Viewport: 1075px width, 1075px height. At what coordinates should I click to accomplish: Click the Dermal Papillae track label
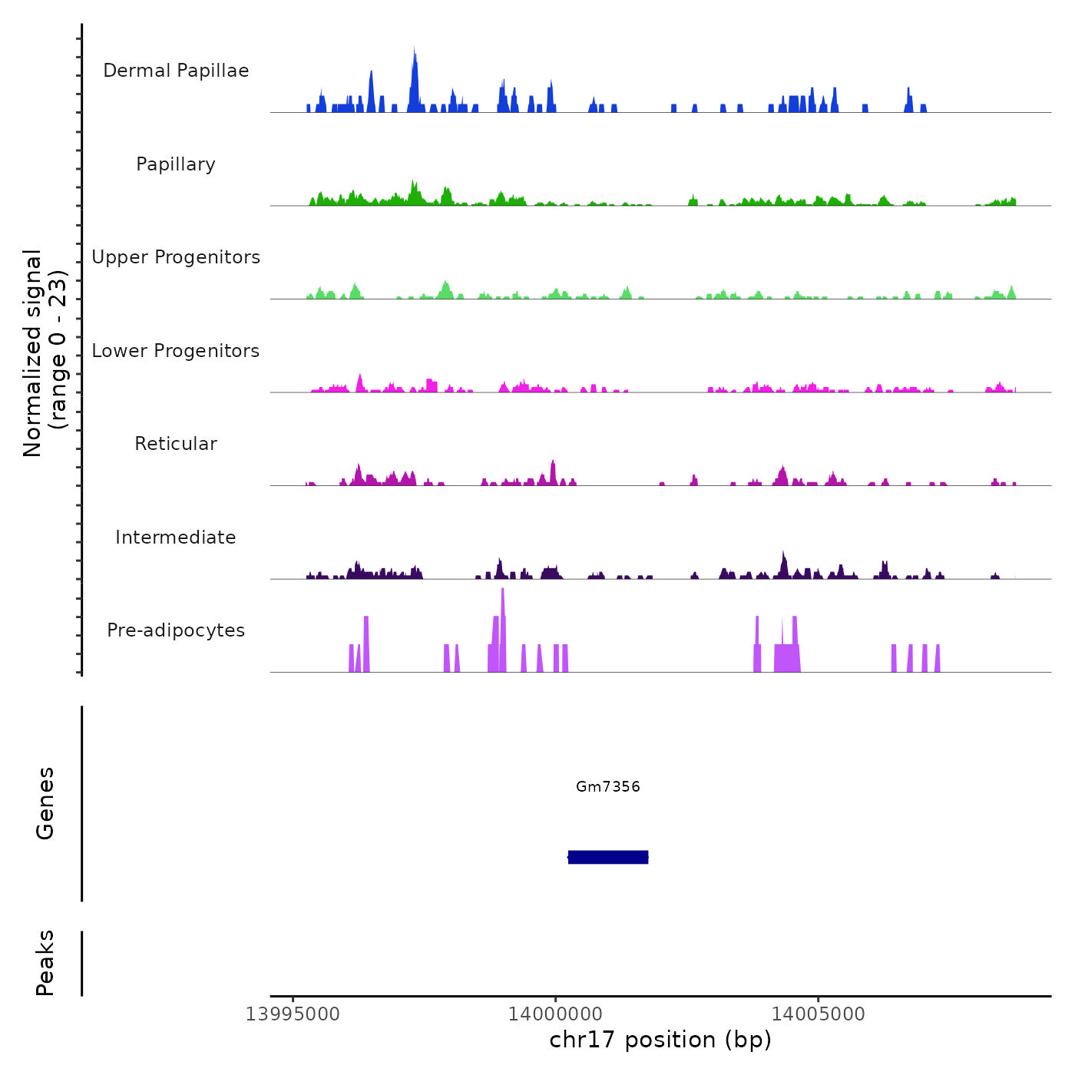[x=176, y=71]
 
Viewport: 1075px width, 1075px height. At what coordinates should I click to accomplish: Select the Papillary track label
[x=176, y=164]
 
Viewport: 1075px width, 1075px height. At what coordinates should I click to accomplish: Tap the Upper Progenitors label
[x=176, y=257]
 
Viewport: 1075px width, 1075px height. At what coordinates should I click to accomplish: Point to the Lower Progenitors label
[x=176, y=351]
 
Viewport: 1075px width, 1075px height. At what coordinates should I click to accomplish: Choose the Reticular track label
[x=176, y=444]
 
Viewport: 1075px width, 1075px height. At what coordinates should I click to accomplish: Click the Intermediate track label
[x=176, y=537]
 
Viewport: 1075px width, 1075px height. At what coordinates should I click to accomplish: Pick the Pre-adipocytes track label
[x=176, y=630]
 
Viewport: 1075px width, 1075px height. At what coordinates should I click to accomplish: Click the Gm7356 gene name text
[x=608, y=786]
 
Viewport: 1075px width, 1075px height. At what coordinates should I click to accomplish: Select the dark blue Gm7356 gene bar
[x=608, y=857]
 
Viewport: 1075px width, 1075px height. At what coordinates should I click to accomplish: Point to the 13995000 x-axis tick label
[x=293, y=1014]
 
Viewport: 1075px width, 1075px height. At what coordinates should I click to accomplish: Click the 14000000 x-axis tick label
[x=555, y=1014]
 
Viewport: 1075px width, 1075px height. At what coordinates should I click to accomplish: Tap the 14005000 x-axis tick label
[x=819, y=1014]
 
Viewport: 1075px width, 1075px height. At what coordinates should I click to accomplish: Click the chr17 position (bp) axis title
[x=660, y=1040]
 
